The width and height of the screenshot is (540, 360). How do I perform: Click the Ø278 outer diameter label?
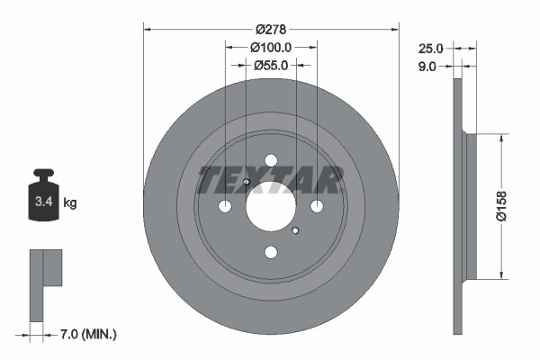coord(271,29)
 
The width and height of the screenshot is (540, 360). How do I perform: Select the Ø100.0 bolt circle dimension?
coord(271,47)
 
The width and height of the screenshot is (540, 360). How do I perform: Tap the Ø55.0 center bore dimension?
coord(271,65)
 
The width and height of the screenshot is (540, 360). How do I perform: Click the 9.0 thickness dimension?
coord(427,66)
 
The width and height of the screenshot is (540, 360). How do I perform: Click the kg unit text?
coord(70,203)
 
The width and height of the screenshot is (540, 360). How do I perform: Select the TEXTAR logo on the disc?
coord(271,180)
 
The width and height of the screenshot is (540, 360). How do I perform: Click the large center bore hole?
coord(271,207)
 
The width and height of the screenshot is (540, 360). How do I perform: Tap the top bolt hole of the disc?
coord(271,161)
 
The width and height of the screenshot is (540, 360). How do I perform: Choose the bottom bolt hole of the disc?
coord(271,253)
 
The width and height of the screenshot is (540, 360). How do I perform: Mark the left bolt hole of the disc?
coord(225,207)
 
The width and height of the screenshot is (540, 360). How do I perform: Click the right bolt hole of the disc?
coord(317,207)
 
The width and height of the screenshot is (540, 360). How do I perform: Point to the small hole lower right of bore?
coord(295,230)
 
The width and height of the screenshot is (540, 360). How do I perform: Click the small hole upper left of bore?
coord(246,184)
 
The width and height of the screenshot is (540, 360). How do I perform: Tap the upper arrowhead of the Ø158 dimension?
coord(499,139)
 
